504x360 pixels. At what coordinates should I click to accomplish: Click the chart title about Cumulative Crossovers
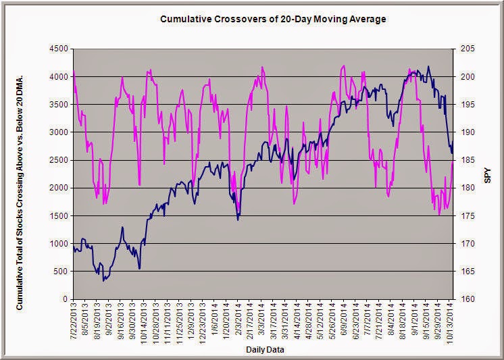[x=273, y=19]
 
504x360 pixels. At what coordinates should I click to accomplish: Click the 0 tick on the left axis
[x=65, y=299]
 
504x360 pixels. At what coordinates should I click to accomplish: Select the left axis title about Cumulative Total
[x=20, y=174]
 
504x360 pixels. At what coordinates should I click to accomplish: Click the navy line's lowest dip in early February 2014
[x=238, y=220]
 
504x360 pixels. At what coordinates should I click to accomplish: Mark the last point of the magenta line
[x=453, y=160]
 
